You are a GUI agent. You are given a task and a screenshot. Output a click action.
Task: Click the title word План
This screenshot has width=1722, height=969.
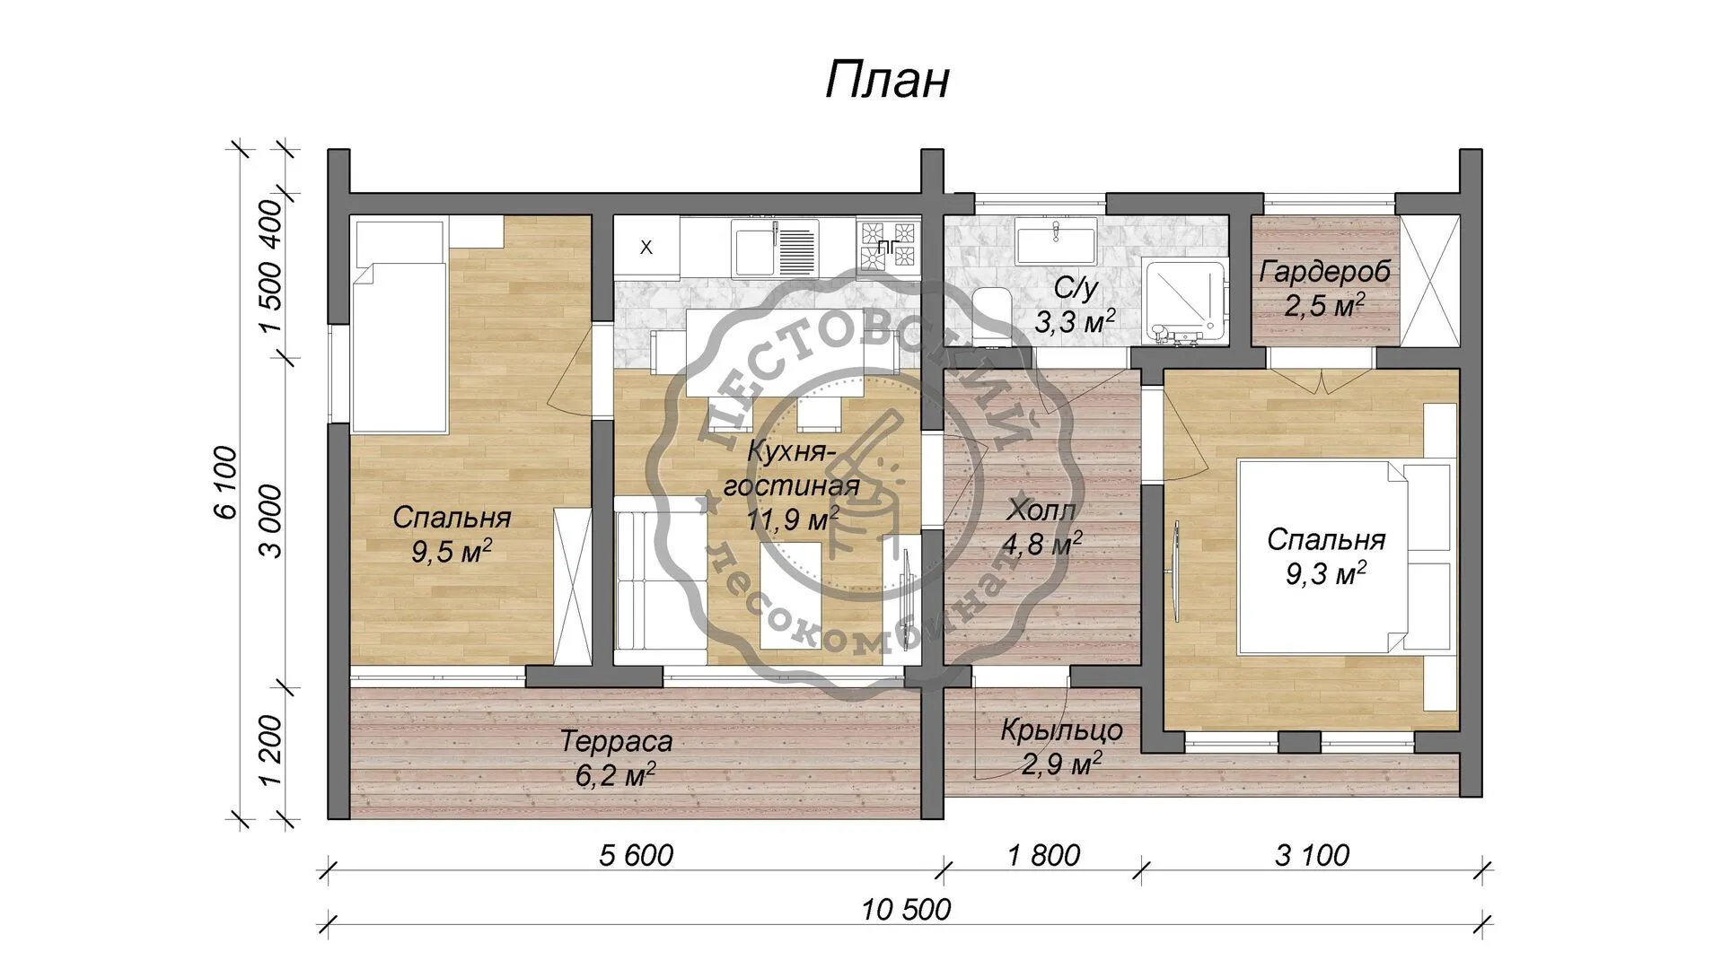886,81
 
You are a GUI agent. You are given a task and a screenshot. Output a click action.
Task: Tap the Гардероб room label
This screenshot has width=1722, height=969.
1325,271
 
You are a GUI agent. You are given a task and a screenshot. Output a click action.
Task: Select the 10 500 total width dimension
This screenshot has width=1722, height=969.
906,910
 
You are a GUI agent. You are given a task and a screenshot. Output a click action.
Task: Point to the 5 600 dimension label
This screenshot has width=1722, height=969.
636,855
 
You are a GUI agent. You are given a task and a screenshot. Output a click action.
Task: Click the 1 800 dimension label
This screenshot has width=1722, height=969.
1043,855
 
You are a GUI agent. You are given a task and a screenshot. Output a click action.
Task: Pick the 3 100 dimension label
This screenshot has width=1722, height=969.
1312,855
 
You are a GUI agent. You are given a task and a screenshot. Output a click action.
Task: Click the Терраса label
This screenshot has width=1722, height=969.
616,742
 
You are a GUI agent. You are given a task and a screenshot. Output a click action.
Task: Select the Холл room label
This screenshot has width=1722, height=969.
1041,511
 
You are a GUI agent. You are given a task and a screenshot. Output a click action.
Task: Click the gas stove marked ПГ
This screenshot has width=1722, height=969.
889,246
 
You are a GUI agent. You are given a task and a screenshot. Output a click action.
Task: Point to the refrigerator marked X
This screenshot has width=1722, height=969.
646,248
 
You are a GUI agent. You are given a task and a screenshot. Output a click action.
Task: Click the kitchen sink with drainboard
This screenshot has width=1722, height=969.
775,248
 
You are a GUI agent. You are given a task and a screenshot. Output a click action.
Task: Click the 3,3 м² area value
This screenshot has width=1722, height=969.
1075,320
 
